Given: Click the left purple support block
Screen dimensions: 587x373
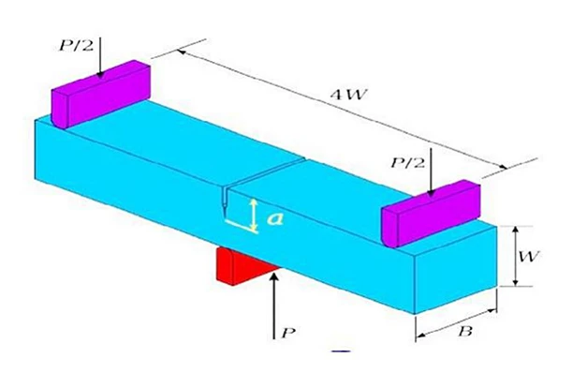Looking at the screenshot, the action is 100,95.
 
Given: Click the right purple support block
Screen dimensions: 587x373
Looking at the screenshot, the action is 431,214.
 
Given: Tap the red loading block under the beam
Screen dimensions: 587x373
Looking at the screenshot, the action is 243,266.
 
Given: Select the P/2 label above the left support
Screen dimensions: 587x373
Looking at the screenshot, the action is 76,46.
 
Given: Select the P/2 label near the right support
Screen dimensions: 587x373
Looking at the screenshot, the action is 407,163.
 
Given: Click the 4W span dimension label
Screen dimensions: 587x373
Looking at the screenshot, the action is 348,95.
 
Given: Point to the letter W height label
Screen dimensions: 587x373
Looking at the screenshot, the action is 529,257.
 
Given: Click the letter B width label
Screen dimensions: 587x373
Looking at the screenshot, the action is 465,332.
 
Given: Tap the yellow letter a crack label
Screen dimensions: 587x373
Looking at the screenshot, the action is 275,219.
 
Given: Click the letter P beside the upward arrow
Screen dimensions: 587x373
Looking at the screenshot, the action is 288,333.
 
